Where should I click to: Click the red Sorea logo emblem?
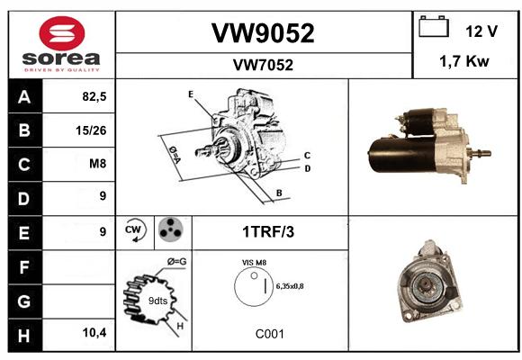(x=62, y=33)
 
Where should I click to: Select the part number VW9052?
(x=263, y=33)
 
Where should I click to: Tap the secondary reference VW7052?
(x=263, y=65)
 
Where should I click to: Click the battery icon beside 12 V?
(x=434, y=26)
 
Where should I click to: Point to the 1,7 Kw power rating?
(x=464, y=61)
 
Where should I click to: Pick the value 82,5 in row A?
(x=94, y=96)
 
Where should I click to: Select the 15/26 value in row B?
(x=91, y=130)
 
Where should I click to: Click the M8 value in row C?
(x=98, y=164)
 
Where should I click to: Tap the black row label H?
(x=25, y=336)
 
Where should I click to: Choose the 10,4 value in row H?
(x=94, y=332)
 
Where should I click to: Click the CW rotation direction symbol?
(x=134, y=229)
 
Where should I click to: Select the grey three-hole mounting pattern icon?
(x=171, y=229)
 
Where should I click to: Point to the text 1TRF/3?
(x=268, y=232)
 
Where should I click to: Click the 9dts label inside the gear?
(x=157, y=301)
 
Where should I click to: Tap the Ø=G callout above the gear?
(x=176, y=262)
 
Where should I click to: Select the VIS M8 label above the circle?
(x=255, y=263)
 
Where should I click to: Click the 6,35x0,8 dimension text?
(x=290, y=286)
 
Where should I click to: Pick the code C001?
(x=270, y=334)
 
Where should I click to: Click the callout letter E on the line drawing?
(x=191, y=94)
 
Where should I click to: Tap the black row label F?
(x=25, y=267)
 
